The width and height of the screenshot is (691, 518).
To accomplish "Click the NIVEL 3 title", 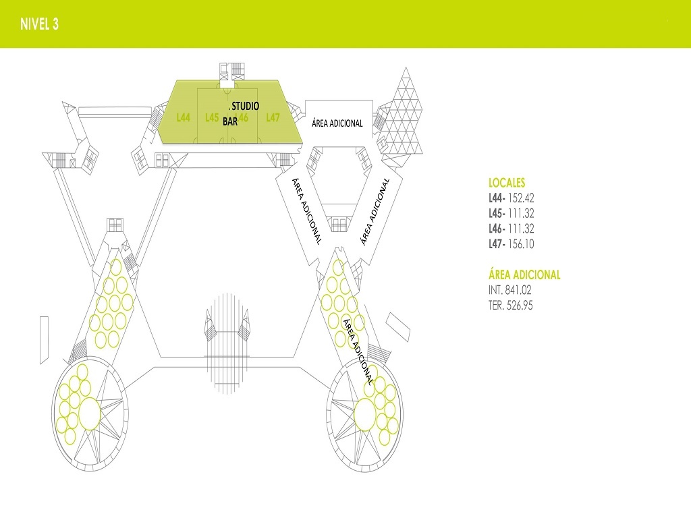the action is tap(39, 24).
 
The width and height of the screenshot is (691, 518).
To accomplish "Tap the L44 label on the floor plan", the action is tap(184, 117).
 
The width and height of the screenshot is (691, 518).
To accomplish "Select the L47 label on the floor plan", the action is tap(273, 117).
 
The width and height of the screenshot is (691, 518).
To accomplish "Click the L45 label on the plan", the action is tap(212, 117).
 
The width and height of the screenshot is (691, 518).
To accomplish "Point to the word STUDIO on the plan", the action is tap(246, 106).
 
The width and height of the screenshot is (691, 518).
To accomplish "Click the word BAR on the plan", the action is tap(230, 121).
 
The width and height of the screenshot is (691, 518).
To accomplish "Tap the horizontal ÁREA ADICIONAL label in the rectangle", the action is tap(337, 123).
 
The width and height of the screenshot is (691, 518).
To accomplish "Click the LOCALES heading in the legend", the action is tap(507, 183).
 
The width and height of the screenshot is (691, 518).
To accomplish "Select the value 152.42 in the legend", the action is tap(521, 198).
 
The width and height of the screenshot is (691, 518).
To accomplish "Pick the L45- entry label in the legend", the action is tap(497, 214).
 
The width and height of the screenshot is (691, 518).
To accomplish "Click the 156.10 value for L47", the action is tap(521, 244).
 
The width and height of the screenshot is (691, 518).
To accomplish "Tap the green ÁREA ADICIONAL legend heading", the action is tap(524, 275).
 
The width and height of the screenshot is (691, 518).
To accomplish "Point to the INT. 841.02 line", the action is tap(510, 290).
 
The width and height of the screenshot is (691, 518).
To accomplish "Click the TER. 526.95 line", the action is tap(510, 306).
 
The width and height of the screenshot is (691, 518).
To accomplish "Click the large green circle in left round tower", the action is tap(90, 413).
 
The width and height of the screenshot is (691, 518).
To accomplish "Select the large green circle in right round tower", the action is tap(365, 415).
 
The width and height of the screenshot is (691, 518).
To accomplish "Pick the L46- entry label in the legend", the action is tap(497, 229).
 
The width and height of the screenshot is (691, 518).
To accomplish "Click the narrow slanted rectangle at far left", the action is tap(44, 340).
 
